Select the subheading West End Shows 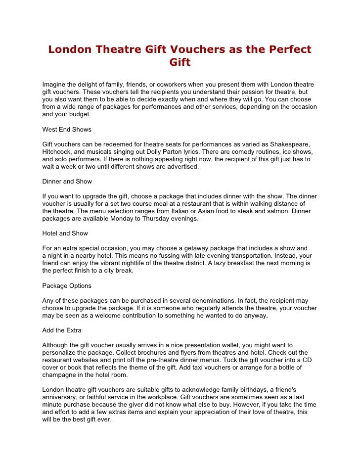point(67,130)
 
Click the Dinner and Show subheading point(67,181)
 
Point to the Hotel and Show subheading point(65,233)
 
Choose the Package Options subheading point(67,285)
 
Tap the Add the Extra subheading point(62,330)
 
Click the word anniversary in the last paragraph point(61,397)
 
